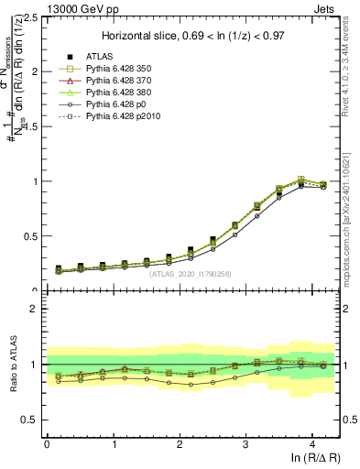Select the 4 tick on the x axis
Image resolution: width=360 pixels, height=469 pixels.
coord(312,444)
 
